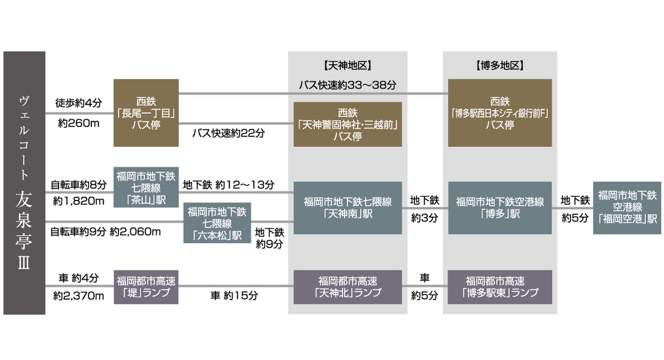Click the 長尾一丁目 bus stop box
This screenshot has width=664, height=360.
(146, 113)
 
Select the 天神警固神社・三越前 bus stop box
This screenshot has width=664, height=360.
(347, 124)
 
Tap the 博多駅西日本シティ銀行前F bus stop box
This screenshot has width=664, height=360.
(499, 113)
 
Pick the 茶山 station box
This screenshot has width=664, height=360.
(146, 187)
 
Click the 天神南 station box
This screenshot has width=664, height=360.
(347, 207)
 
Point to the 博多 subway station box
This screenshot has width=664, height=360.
(499, 207)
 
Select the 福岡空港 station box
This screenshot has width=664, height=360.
(627, 207)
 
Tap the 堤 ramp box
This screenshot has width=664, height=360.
(146, 287)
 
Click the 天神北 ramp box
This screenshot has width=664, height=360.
(347, 287)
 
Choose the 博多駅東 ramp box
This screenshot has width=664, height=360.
(499, 287)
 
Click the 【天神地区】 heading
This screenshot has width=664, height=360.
(347, 66)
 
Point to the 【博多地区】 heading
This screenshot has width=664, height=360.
(499, 66)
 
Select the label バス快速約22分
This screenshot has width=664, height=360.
(228, 133)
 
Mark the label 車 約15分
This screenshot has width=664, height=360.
(234, 296)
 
